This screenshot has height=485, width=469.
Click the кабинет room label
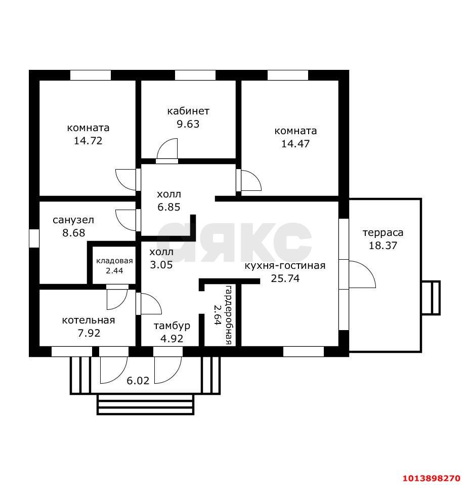click(188, 111)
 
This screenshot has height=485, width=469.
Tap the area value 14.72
click(88, 141)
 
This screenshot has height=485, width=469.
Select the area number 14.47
click(295, 144)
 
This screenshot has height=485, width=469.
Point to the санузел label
click(73, 220)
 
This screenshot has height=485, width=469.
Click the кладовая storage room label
click(114, 261)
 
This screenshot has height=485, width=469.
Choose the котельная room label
click(89, 320)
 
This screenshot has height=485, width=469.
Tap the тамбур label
click(172, 326)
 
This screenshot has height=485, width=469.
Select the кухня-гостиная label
click(285, 266)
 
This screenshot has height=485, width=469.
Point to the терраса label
click(383, 232)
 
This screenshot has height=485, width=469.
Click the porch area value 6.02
click(138, 380)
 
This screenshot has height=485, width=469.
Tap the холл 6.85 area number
click(169, 207)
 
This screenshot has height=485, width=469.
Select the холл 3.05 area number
click(161, 265)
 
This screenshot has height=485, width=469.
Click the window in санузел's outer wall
click(34, 238)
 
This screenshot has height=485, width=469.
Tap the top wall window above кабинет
click(195, 75)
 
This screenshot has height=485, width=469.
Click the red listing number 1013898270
click(432, 478)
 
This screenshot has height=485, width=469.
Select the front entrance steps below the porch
click(146, 405)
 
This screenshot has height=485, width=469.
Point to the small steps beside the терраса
click(431, 298)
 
